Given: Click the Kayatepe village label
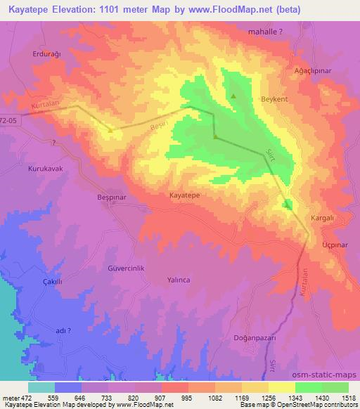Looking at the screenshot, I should click(x=187, y=197).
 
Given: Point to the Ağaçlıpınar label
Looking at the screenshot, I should click(x=312, y=71).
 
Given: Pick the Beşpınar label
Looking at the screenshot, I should click(x=110, y=197).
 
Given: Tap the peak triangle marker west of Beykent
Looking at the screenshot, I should click(x=233, y=96).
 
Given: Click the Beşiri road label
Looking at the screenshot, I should click(x=160, y=125).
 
